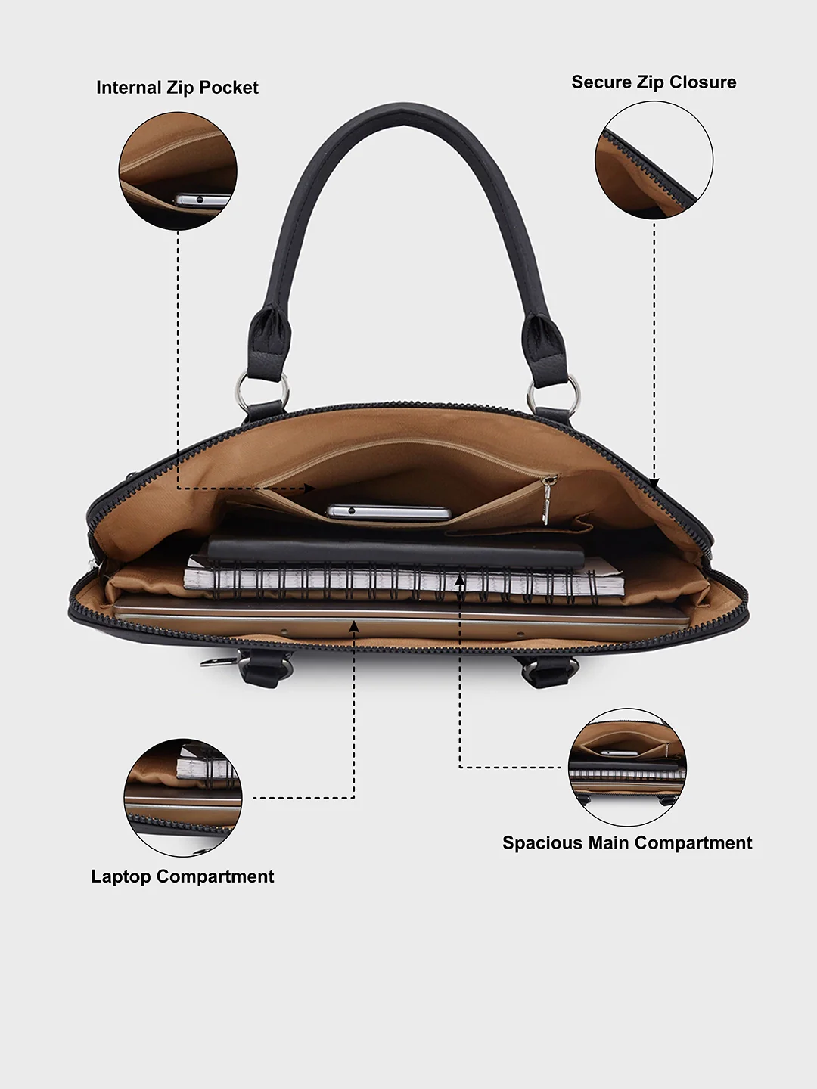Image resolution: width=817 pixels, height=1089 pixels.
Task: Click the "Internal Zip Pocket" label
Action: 177,88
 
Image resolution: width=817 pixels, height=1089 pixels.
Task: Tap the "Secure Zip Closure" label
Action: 654,82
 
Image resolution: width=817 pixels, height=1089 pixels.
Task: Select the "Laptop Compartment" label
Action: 182,876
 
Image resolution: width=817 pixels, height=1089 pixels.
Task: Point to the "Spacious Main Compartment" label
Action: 627,843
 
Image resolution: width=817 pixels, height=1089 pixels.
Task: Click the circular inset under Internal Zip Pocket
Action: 178,171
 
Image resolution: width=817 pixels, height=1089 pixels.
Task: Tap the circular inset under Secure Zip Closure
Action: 654,160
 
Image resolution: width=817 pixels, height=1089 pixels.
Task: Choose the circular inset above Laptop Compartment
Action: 183,797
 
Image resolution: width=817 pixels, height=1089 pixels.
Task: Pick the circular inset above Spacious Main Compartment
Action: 628,767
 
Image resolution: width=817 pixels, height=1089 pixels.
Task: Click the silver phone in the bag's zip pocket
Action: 388,512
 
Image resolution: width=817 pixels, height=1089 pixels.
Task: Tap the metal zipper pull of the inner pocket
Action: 547,500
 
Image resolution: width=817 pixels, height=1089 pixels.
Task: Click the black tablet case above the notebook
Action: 396,552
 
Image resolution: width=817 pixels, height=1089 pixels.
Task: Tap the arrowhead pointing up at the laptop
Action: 354,627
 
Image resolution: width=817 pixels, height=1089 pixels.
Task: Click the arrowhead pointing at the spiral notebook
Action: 460,579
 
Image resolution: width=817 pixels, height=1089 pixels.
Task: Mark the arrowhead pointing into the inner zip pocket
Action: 310,489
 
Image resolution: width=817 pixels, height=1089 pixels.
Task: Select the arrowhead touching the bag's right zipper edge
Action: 654,482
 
